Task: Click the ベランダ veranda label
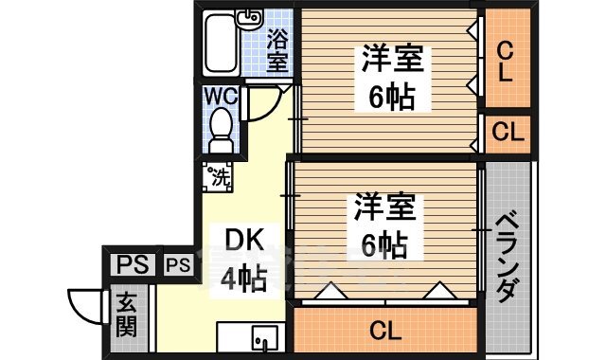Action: pos(508,256)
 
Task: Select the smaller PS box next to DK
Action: pos(178,265)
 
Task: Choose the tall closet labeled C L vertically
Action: pos(508,60)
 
